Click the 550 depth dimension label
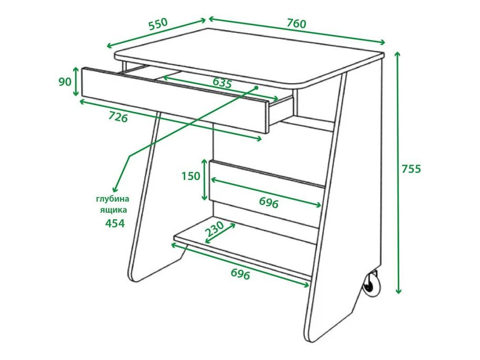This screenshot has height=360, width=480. click(158, 24)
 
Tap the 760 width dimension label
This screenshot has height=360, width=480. click(296, 24)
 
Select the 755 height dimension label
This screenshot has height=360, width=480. click(411, 169)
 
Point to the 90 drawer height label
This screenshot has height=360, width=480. click(65, 82)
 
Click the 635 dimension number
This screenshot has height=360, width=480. click(222, 83)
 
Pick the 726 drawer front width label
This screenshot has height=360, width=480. click(118, 117)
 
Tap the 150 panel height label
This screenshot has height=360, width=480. click(191, 176)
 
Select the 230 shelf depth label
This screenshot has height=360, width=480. click(215, 229)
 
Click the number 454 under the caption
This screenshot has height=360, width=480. click(115, 223)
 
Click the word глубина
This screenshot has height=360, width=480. click(113, 199)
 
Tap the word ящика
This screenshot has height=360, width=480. click(114, 210)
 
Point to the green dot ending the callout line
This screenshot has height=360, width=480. click(256, 88)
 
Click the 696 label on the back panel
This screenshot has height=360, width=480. click(269, 202)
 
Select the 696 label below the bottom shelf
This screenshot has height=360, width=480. click(240, 274)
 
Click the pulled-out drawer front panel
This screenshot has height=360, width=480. click(175, 100)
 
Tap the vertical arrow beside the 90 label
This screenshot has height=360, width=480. click(76, 81)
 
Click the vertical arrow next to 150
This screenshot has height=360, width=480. click(204, 180)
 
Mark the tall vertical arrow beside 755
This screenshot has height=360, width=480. click(398, 173)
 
